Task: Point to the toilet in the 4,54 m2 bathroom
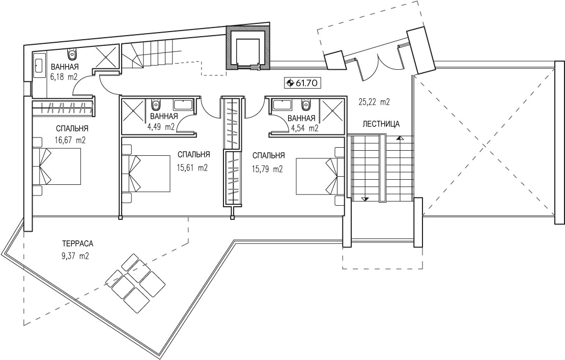[306, 104]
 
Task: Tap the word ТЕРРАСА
[77, 243]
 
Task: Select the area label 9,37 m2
[75, 256]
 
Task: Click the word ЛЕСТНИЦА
[381, 124]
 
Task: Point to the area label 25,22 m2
[374, 102]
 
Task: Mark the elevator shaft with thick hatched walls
[247, 47]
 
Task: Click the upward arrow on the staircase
[399, 137]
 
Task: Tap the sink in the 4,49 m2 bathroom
[183, 105]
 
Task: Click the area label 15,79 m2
[267, 169]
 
